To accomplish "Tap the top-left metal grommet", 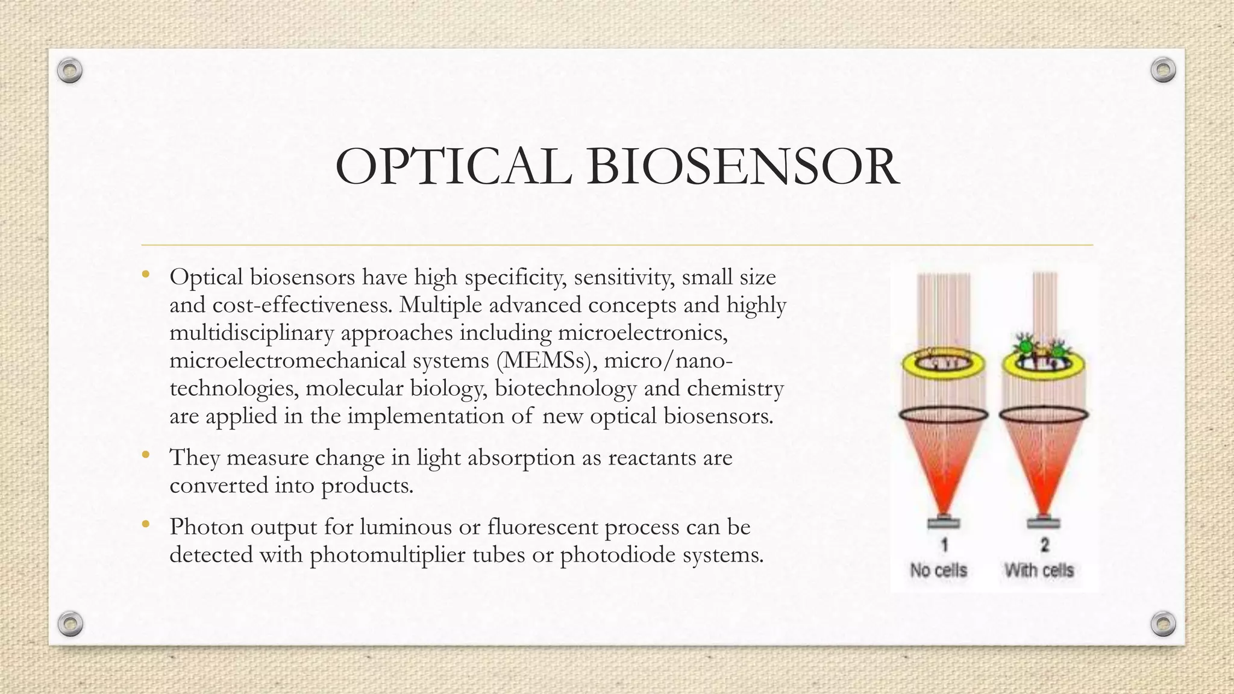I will pos(70,71).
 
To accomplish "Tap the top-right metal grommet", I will pos(1163,70).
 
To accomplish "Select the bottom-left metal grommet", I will pos(70,624).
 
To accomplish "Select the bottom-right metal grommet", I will pos(1164,624).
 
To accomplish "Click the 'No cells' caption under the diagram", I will pos(938,570).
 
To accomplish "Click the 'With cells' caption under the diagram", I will pos(1039,570).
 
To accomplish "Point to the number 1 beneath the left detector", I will pos(944,545).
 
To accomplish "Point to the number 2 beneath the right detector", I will pos(1045,545).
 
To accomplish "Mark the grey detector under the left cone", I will pos(944,522).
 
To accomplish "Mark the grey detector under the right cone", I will pos(1044,522).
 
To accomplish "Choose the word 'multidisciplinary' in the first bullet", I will pos(251,333).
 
